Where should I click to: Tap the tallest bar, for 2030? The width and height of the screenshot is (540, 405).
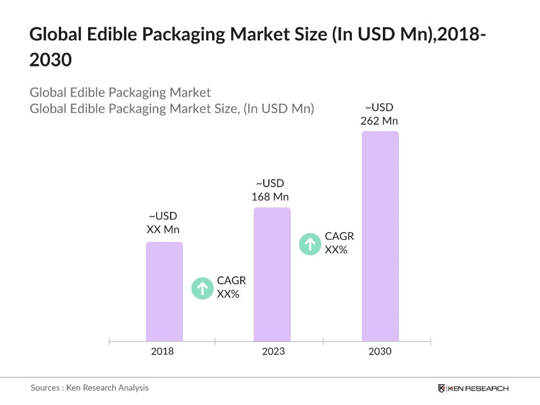[x=380, y=236]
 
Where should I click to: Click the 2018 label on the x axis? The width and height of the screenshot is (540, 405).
[x=162, y=352]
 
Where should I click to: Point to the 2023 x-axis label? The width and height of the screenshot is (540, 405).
[x=273, y=352]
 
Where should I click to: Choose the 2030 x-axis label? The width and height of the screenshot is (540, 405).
[x=380, y=352]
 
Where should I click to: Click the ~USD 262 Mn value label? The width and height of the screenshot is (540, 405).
[x=379, y=114]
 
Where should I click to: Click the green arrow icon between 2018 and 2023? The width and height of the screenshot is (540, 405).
[x=203, y=288]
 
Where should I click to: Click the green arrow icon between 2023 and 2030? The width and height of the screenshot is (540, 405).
[x=310, y=244]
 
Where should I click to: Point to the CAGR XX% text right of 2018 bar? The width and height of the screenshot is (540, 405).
[x=231, y=287]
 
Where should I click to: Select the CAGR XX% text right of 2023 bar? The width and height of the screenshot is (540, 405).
[x=339, y=243]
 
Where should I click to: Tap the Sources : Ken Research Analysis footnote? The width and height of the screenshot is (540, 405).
[x=90, y=388]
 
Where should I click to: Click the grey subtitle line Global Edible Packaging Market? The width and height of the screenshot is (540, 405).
[x=120, y=93]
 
